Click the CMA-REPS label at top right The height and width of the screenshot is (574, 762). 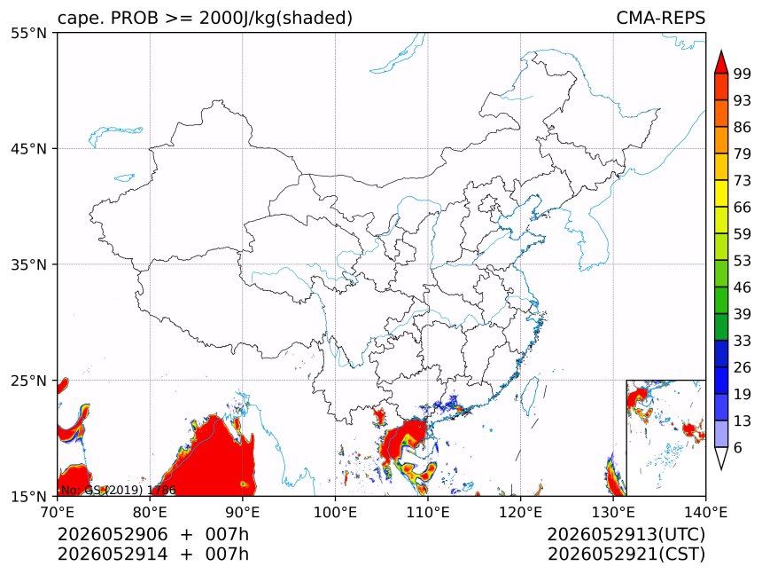pyautogui.click(x=660, y=18)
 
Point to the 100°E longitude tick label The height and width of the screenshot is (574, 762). pyautogui.click(x=335, y=512)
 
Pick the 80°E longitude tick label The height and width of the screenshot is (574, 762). pyautogui.click(x=150, y=512)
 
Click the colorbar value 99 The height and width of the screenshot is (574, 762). pyautogui.click(x=743, y=74)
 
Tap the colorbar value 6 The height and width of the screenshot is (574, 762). pyautogui.click(x=738, y=447)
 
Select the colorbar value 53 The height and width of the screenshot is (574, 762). pyautogui.click(x=743, y=261)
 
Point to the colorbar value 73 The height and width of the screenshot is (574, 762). pyautogui.click(x=743, y=180)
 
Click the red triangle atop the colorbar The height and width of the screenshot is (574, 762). pyautogui.click(x=721, y=62)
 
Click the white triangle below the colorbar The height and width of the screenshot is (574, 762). pyautogui.click(x=721, y=458)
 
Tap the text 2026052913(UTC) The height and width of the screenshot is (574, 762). pyautogui.click(x=626, y=534)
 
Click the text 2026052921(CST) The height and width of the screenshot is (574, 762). pyautogui.click(x=626, y=554)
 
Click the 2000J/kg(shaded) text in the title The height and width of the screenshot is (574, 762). pyautogui.click(x=276, y=19)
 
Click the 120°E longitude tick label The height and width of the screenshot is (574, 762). pyautogui.click(x=520, y=512)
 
